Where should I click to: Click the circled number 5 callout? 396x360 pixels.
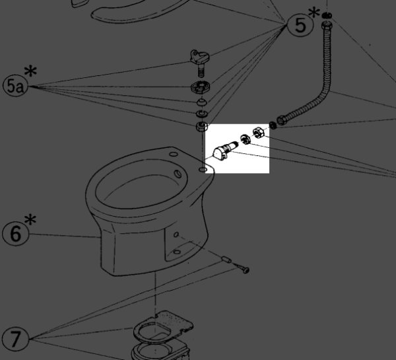click(x=300, y=25)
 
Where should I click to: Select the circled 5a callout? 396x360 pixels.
click(x=15, y=86)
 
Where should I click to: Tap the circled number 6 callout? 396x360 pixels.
click(x=16, y=233)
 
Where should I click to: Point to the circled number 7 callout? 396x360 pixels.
click(x=15, y=338)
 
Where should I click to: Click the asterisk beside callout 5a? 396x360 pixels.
click(x=30, y=71)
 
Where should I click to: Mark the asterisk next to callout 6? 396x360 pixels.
click(x=30, y=219)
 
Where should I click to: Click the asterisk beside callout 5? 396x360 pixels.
click(x=314, y=13)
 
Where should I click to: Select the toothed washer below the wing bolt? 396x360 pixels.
click(x=200, y=87)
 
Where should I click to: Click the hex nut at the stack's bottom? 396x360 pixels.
click(x=202, y=126)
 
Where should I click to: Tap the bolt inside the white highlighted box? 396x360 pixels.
click(x=224, y=150)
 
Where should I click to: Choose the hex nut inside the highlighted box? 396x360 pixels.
click(x=259, y=132)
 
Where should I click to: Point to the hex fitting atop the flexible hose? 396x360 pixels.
click(x=327, y=25)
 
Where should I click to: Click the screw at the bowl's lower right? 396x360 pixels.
click(x=242, y=268)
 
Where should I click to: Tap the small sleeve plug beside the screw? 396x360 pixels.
click(x=226, y=260)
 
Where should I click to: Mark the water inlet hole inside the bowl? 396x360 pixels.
click(x=178, y=174)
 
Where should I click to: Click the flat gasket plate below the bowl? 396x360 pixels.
click(x=163, y=326)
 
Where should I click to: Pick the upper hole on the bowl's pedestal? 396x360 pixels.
click(x=176, y=235)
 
